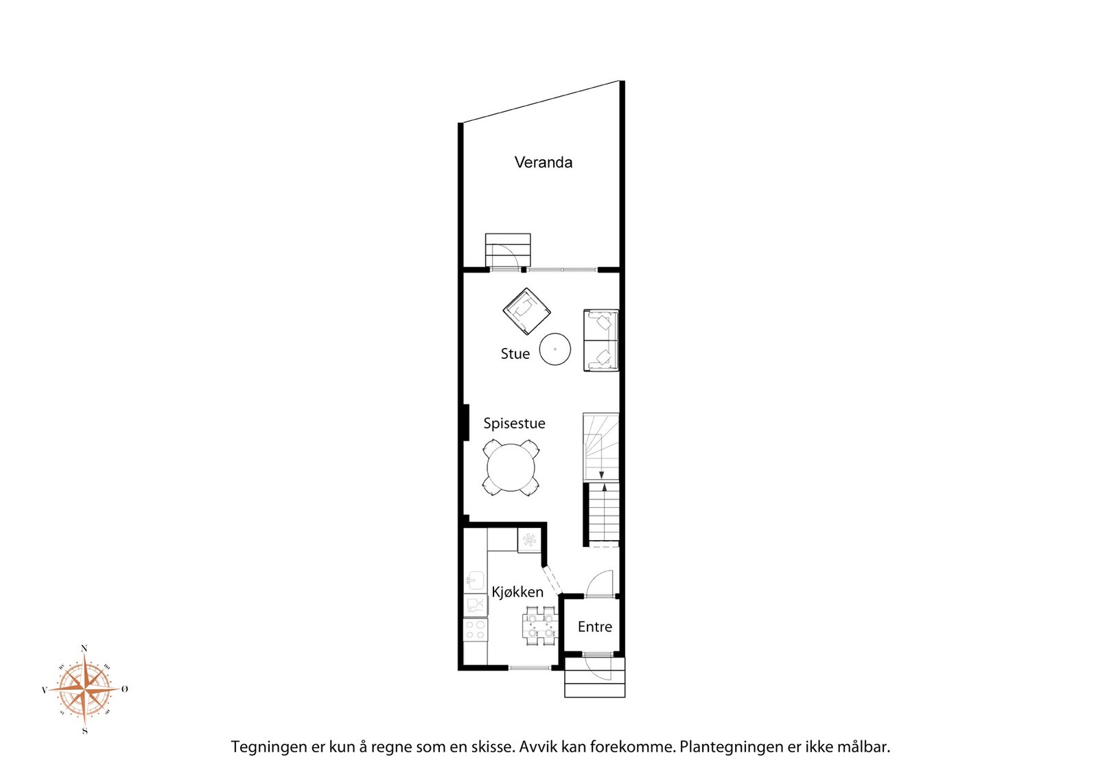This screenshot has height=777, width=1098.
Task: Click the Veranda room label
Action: pos(543,162)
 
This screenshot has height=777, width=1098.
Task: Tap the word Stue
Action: pos(515,353)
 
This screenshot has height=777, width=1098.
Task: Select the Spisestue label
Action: pos(514,423)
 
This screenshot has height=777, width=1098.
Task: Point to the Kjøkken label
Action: pos(517,592)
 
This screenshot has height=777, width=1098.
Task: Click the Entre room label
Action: pos(594,627)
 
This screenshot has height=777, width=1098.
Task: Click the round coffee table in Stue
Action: pos(555,349)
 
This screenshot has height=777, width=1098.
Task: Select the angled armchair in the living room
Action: pos(526,312)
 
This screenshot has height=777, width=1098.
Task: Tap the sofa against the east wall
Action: pos(601,340)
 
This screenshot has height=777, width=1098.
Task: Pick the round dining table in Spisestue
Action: pos(511,467)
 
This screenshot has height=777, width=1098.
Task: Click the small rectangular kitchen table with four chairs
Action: pos(540,625)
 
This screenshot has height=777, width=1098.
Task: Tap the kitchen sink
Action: pos(475,581)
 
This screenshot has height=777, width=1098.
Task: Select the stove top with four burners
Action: pos(476,629)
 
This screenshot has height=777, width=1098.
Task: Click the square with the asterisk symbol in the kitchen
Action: pos(529,540)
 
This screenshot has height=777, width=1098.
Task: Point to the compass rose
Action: pos(85,689)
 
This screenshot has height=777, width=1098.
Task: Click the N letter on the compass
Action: pos(84,649)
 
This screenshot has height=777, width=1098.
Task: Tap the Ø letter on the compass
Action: pos(125,689)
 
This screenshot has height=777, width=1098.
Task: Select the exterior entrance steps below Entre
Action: pos(594,677)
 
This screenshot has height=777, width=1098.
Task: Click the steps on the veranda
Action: pos(508,250)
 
